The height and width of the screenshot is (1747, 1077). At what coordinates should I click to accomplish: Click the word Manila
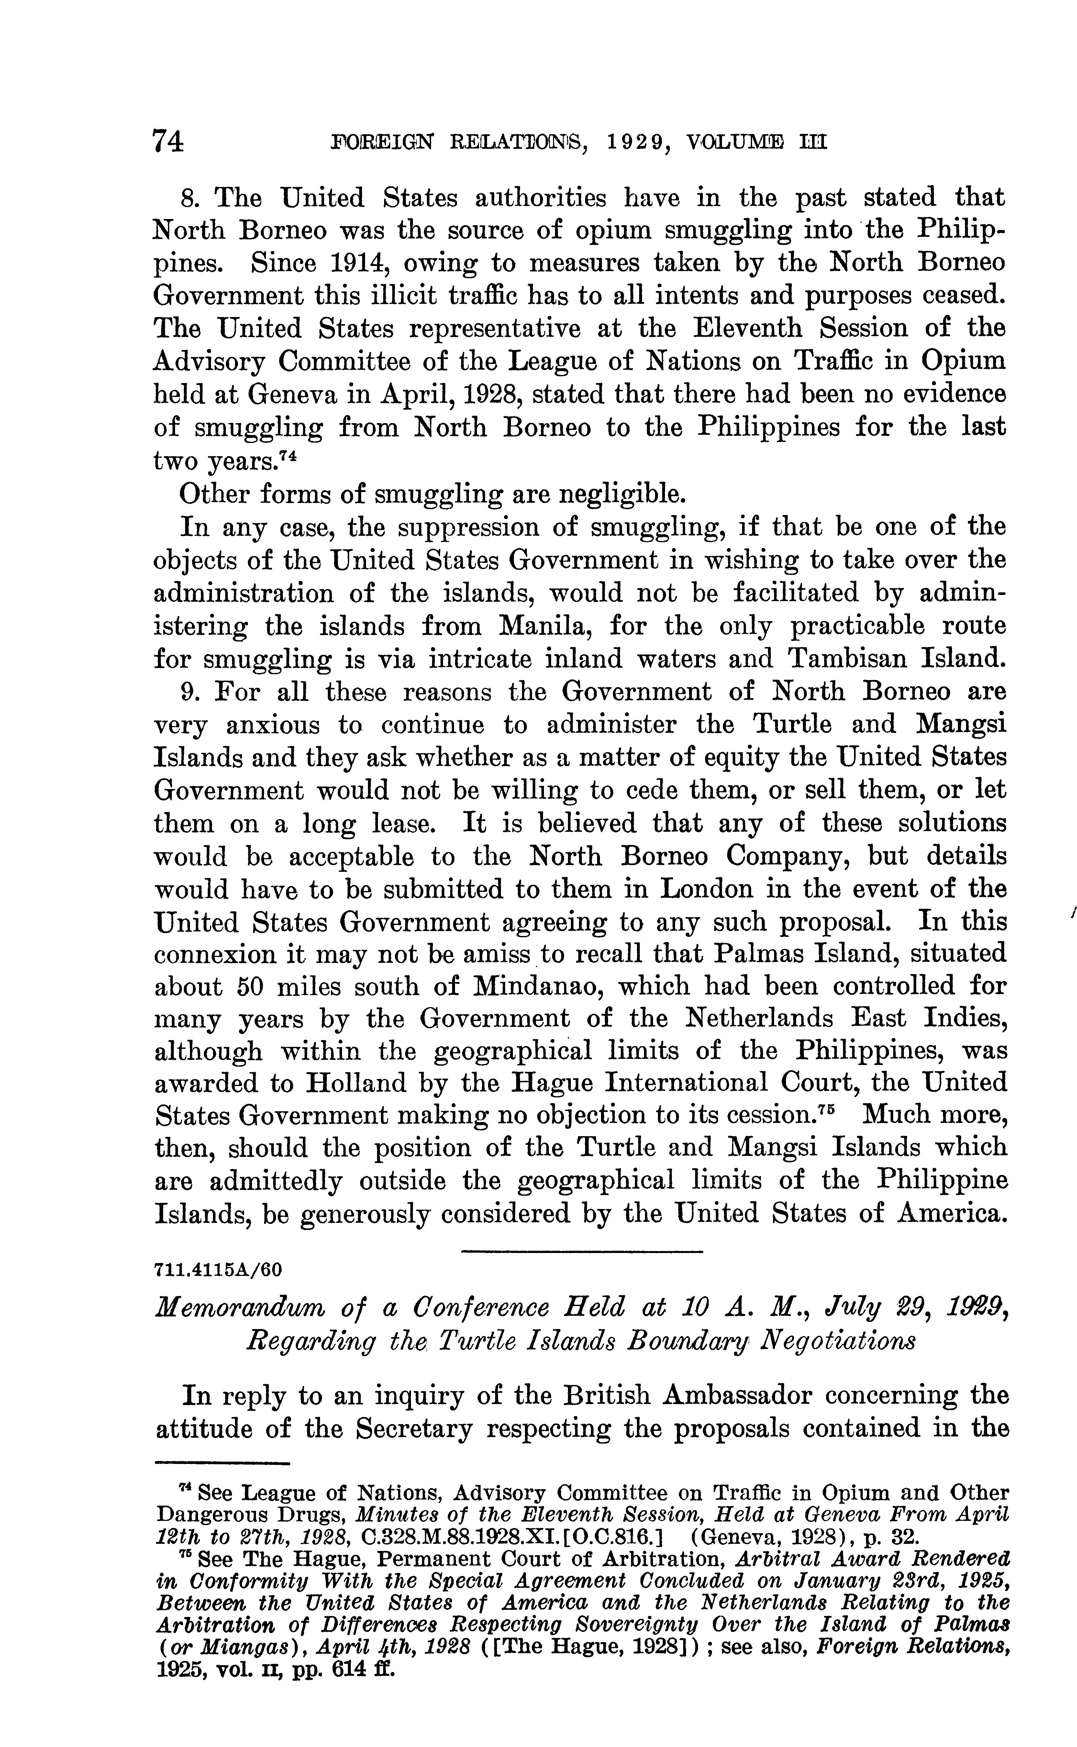click(x=543, y=626)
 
